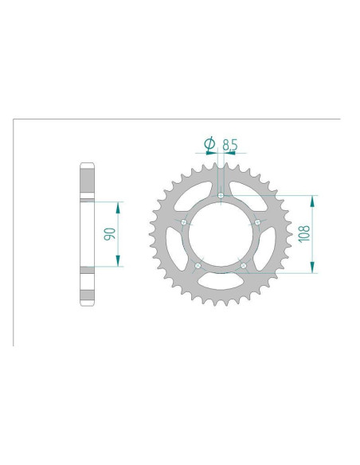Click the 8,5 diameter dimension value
pos(230,145)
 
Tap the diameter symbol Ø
pos(209,144)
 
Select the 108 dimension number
pos(304,234)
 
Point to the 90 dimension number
pos(109,234)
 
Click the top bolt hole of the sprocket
pos(221,195)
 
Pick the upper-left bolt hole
pos(184,222)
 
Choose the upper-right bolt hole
pos(257,222)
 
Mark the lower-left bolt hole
pos(198,265)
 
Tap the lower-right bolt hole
pos(244,265)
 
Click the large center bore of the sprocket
pos(221,234)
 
